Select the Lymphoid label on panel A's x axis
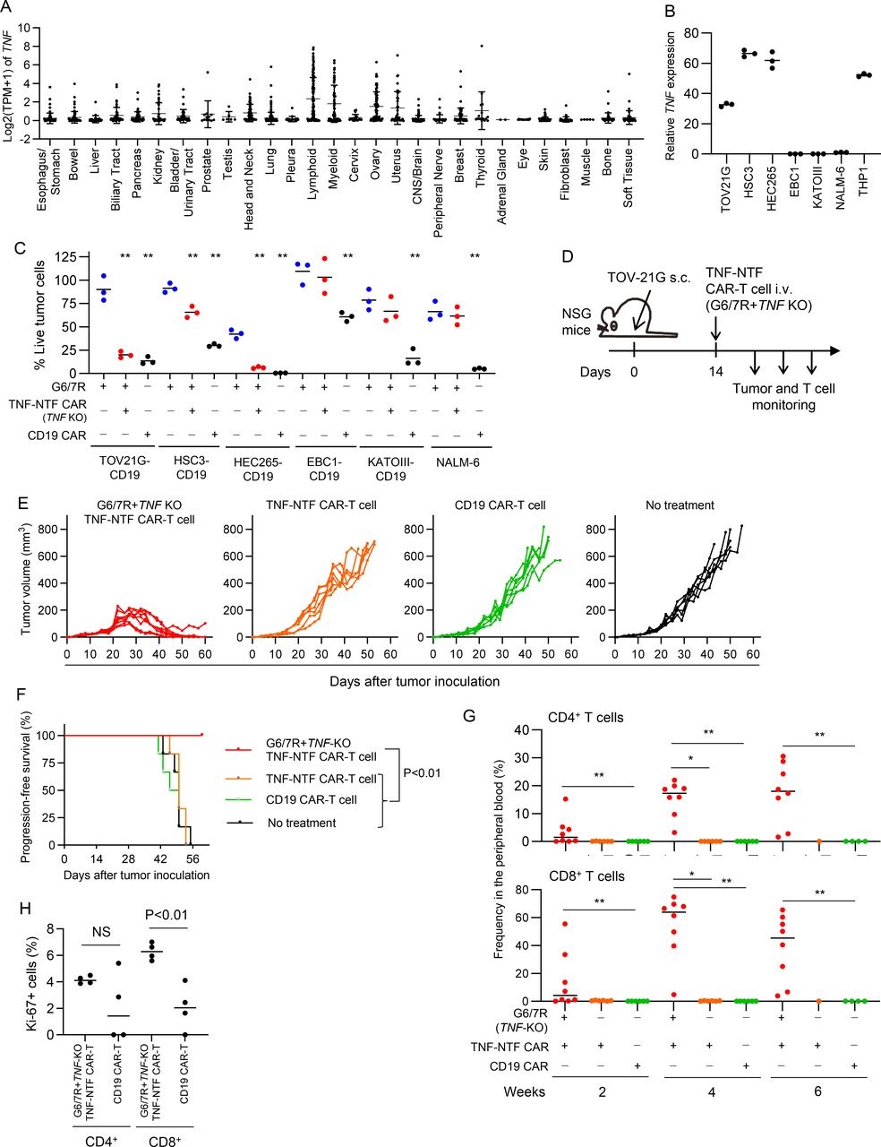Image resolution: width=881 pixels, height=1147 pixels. (x=312, y=154)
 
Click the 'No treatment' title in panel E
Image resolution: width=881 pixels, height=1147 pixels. (x=681, y=505)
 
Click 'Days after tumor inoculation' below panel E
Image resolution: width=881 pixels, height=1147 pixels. (x=414, y=681)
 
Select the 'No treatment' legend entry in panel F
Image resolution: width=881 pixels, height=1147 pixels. (x=300, y=823)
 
